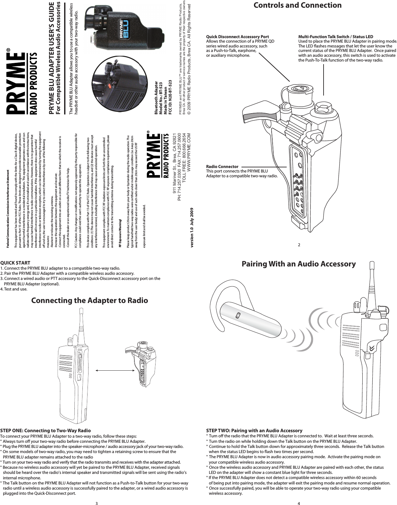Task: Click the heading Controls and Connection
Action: tap(297, 5)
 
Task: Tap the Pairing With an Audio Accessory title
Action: tap(298, 264)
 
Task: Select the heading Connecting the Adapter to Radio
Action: tap(89, 301)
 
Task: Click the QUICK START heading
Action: tap(15, 263)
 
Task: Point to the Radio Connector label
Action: tap(222, 167)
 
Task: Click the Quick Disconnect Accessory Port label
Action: tap(237, 37)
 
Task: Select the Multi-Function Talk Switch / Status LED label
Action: tap(335, 37)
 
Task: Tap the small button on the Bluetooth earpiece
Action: tap(238, 316)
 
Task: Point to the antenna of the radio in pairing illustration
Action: tap(373, 282)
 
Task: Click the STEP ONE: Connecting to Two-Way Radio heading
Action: tap(46, 431)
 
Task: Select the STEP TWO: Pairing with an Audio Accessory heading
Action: tap(254, 431)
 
